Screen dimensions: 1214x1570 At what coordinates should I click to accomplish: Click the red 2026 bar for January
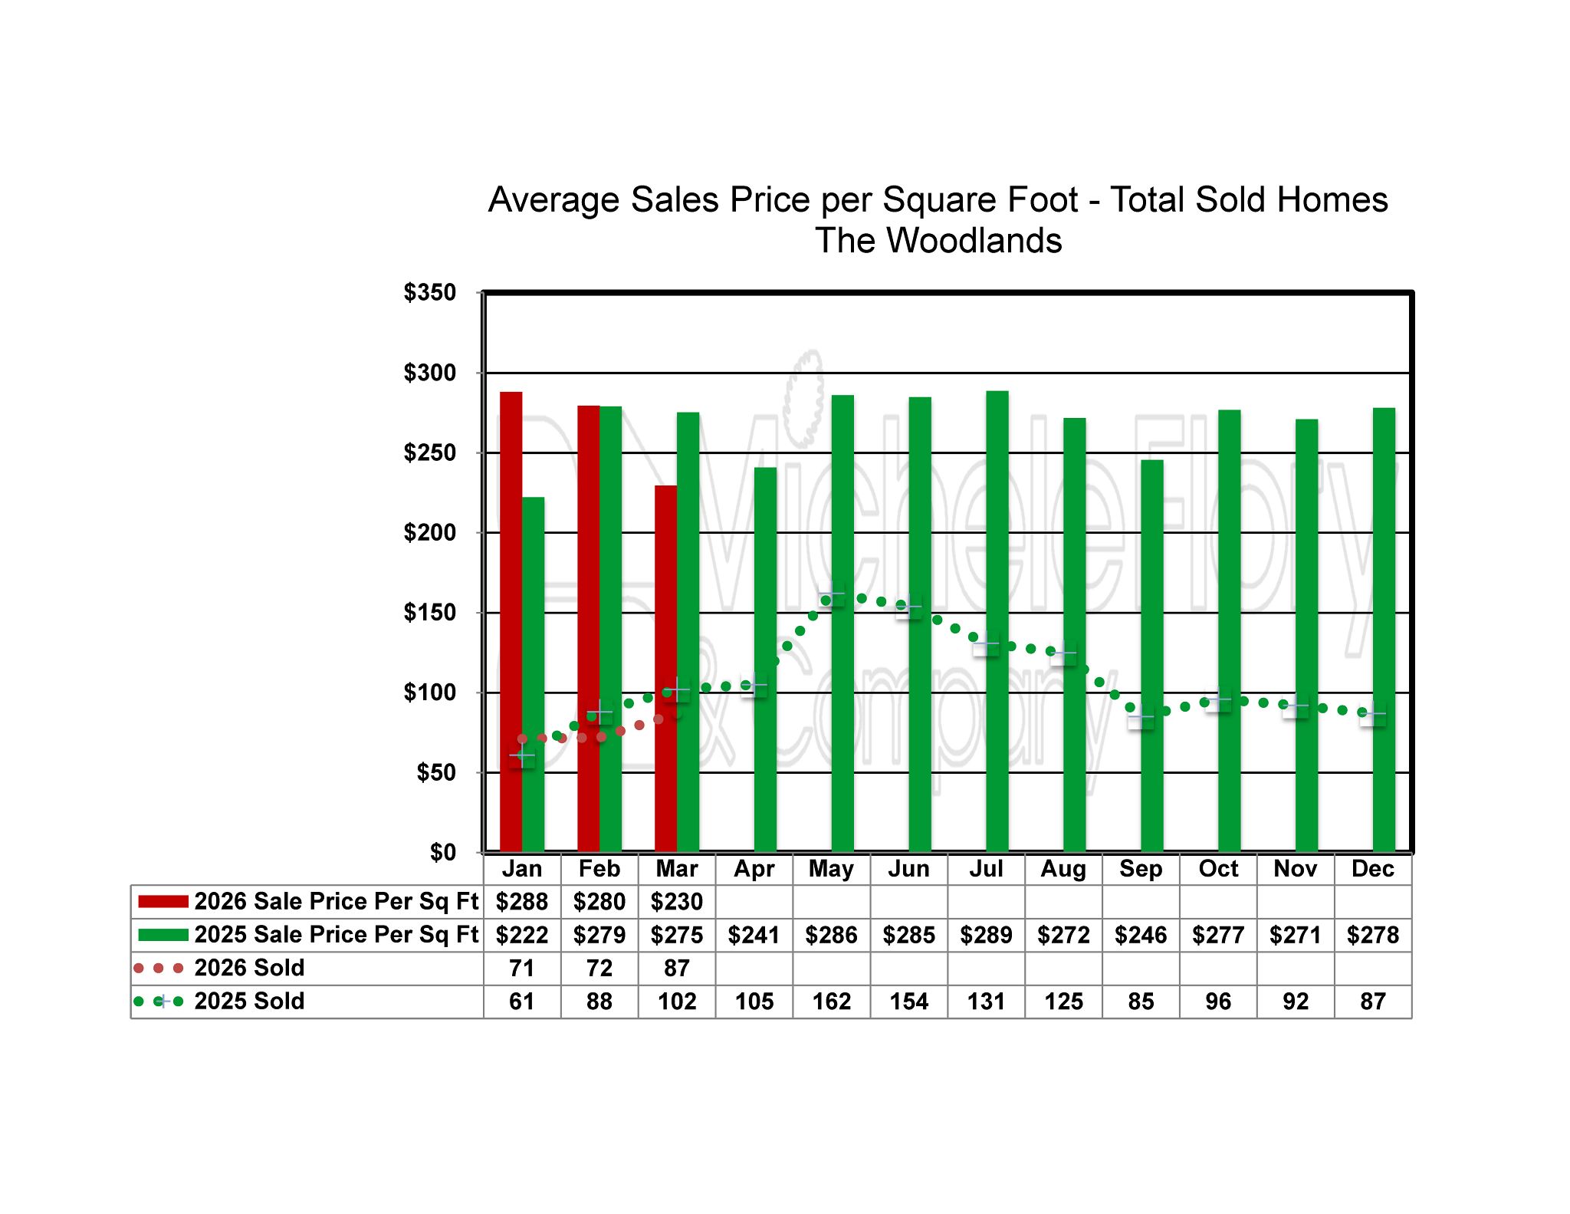(511, 621)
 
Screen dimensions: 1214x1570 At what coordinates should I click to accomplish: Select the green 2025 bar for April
(765, 660)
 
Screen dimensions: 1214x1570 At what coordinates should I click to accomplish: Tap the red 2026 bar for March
(665, 667)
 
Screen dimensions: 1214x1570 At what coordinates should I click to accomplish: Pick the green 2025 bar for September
(1151, 656)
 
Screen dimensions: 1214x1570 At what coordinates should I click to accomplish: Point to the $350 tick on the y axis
(429, 293)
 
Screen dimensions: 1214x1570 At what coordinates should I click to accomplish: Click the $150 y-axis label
(429, 613)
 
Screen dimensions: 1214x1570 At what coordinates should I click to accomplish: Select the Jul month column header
(986, 869)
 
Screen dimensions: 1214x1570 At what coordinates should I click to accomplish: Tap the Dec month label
(1372, 869)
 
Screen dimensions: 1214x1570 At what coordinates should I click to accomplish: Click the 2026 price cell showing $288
(522, 902)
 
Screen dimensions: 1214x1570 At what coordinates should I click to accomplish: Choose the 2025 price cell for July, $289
(986, 935)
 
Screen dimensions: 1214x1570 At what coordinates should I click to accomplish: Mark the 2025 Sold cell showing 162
(832, 1002)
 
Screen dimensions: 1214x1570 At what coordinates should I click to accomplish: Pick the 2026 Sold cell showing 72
(599, 969)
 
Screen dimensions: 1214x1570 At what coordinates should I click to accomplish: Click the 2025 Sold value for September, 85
(1141, 1002)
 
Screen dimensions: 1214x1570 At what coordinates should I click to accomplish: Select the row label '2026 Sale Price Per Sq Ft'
(336, 902)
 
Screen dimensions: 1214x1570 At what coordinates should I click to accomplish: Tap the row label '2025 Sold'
(249, 1002)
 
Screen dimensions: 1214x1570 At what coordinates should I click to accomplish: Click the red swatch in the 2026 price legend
(163, 902)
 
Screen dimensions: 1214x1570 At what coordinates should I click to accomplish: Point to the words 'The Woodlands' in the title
(938, 241)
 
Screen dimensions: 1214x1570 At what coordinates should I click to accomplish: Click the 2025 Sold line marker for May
(832, 594)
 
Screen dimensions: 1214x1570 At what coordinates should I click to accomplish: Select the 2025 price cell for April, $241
(754, 935)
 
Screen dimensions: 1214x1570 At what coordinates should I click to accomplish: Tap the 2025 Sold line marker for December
(1372, 715)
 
